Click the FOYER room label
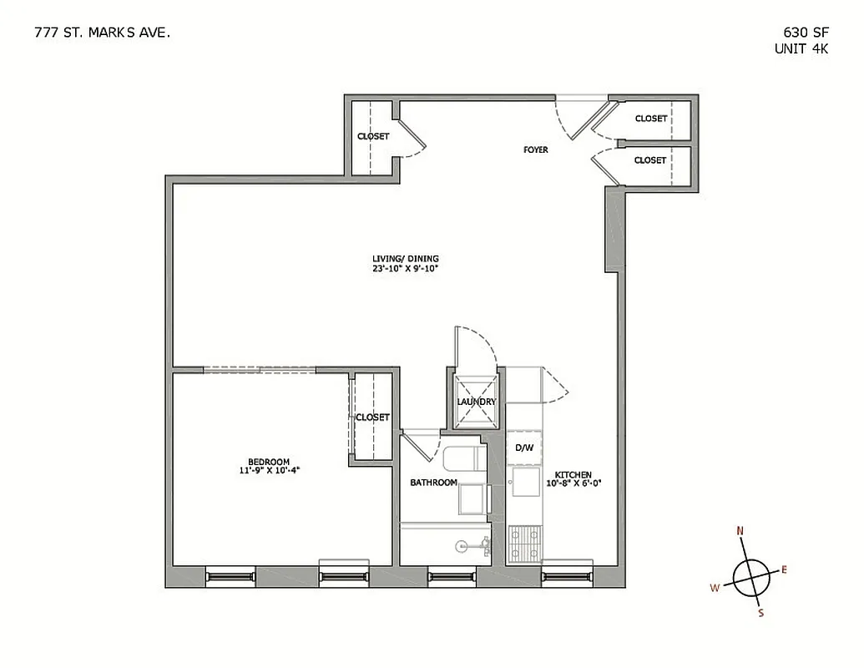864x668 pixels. [536, 149]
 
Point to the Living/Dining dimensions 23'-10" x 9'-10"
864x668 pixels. [406, 269]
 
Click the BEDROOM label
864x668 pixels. [269, 462]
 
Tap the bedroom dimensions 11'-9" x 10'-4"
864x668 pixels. [269, 471]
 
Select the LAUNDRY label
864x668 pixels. [477, 402]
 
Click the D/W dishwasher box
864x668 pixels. [523, 448]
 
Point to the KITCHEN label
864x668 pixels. [574, 474]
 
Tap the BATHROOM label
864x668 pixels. [433, 483]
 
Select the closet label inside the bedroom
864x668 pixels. [372, 417]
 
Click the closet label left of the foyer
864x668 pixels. [373, 136]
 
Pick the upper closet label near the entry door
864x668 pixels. [650, 119]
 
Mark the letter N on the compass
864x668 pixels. [740, 530]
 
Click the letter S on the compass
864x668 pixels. [760, 613]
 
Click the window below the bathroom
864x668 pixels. [452, 575]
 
